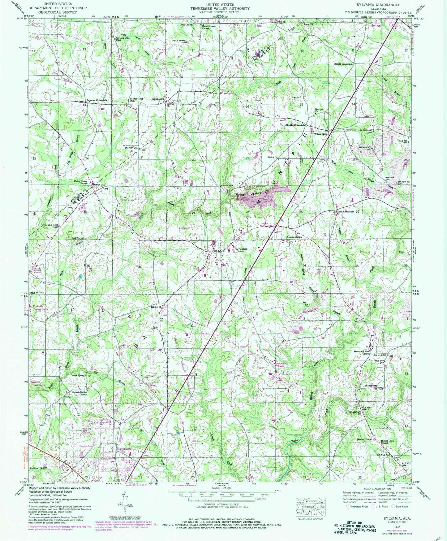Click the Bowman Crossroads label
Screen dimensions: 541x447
tap(97, 100)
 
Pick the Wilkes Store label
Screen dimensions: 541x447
tap(320, 134)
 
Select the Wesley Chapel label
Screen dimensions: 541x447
tap(364, 439)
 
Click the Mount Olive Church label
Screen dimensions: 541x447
tap(384, 441)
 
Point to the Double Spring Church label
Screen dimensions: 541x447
tap(80, 393)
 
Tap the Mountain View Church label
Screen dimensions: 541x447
tap(362, 352)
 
